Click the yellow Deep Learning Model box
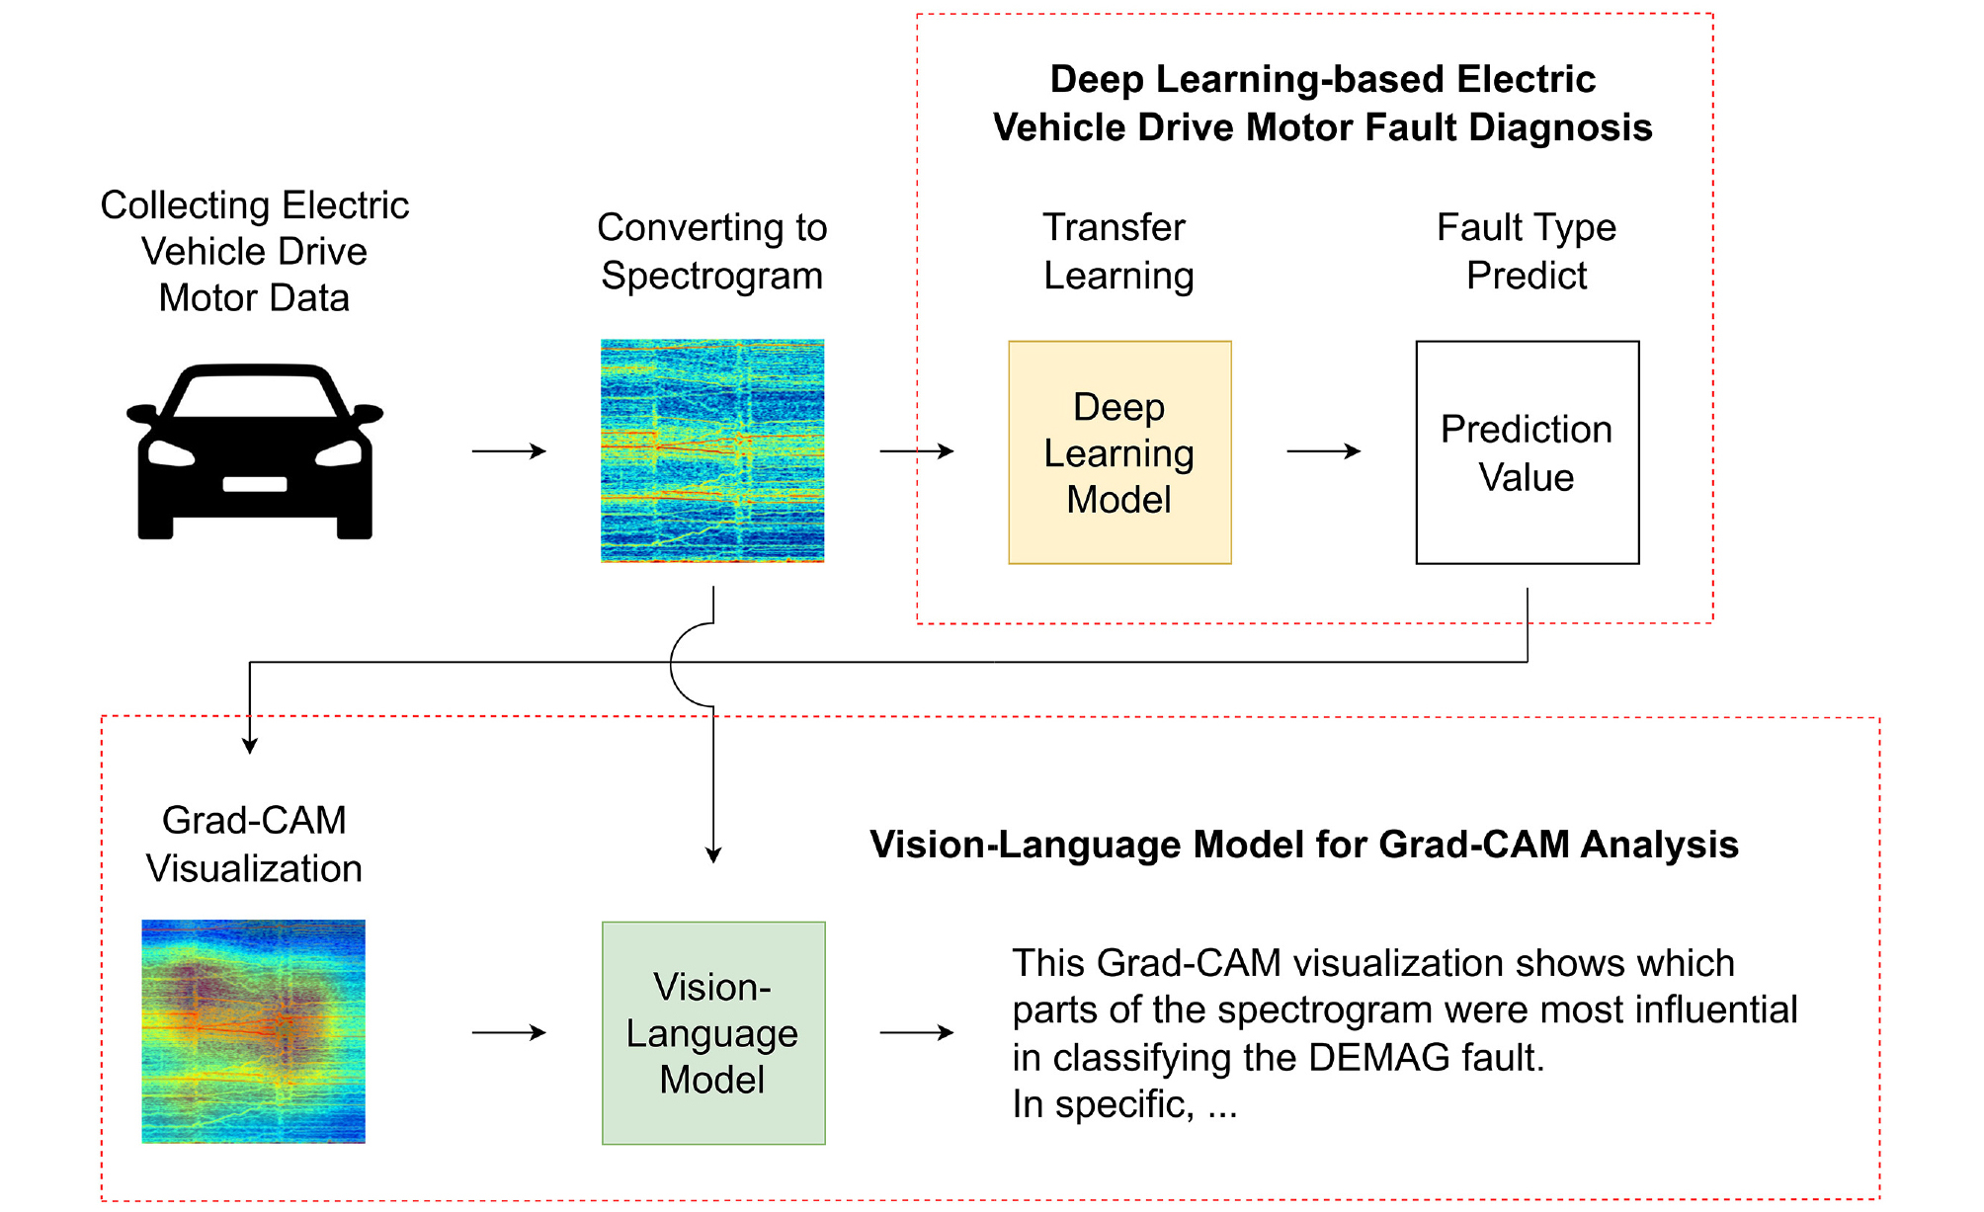point(1119,452)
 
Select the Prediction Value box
point(1527,452)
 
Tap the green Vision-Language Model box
point(713,1033)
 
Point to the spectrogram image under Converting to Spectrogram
point(712,451)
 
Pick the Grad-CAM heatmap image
point(254,1031)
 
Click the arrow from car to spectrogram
point(509,451)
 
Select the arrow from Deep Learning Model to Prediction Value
point(1324,451)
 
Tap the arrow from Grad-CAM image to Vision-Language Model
point(509,1033)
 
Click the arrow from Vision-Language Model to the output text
point(917,1033)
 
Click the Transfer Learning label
point(1118,252)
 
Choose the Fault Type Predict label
point(1527,252)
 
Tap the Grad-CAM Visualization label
point(254,845)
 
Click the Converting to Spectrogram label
point(712,252)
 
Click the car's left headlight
point(171,454)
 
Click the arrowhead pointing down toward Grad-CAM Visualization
point(250,746)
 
